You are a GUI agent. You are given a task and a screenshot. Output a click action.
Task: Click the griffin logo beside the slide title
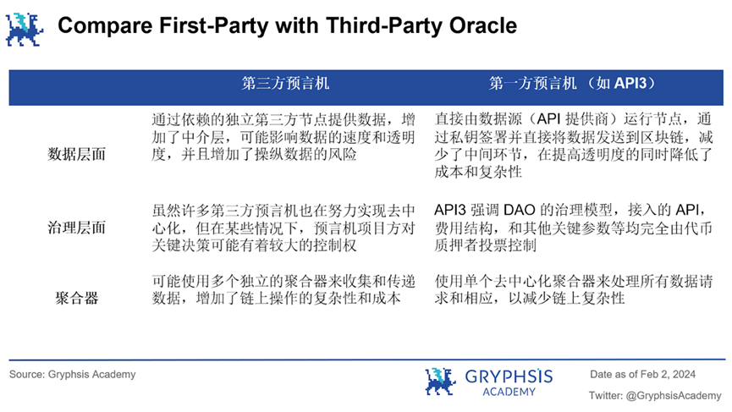coord(25,28)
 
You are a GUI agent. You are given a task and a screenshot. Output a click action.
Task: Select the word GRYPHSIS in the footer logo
coord(508,375)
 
